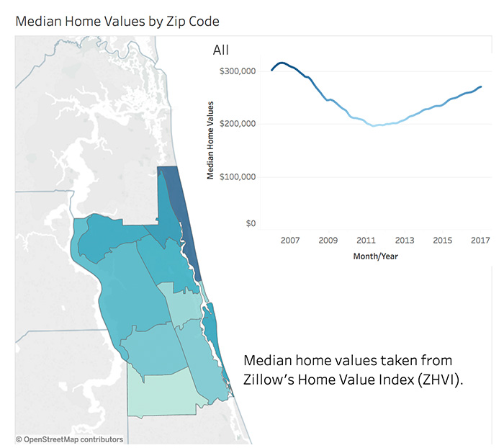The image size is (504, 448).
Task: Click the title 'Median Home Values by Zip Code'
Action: coord(117,22)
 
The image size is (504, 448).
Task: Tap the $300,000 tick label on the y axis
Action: coord(237,71)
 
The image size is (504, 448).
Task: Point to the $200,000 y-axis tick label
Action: coord(237,124)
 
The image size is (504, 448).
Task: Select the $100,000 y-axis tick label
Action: coord(237,177)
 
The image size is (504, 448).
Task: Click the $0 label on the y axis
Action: coord(250,224)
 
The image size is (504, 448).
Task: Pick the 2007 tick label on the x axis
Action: coord(290,240)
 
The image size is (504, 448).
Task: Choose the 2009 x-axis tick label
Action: coord(328,240)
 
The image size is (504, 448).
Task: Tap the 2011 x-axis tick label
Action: coord(366,240)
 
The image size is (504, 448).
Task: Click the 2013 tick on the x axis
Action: coord(405,240)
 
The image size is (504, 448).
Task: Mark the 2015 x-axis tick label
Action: coord(443,240)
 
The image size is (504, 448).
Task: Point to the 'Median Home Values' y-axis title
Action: coord(210,140)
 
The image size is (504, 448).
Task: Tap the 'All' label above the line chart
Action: coord(221,50)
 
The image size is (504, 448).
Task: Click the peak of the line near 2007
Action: coord(282,63)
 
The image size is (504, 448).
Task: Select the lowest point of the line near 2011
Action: coord(374,126)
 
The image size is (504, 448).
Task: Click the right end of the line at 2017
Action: coord(481,87)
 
